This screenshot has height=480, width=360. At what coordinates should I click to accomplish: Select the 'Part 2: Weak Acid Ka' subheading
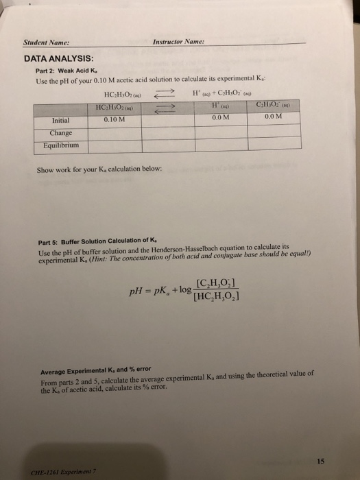pyautogui.click(x=62, y=72)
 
